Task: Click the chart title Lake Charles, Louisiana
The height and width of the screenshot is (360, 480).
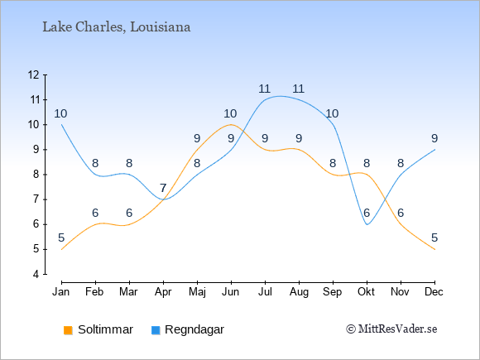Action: coord(117,27)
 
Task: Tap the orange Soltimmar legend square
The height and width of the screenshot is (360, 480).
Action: coord(68,330)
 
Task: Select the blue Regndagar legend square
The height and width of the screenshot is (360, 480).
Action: coord(156,330)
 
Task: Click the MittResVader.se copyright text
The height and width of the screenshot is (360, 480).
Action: coord(391,329)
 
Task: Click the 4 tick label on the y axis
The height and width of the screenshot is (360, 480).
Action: coord(36,274)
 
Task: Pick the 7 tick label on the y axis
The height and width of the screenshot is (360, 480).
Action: coord(36,199)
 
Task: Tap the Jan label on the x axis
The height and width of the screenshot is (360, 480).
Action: coord(61,292)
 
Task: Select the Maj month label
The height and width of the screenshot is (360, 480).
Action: coord(197,292)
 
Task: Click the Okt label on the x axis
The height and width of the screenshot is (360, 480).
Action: coord(366,292)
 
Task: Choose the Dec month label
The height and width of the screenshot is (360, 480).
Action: coord(434,292)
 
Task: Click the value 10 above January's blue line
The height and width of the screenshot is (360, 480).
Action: coord(60,114)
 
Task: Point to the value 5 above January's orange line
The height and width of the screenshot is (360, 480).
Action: coord(61,238)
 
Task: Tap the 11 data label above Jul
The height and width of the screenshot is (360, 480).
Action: coord(264,89)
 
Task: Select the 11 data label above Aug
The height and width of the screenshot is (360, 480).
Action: coord(298,89)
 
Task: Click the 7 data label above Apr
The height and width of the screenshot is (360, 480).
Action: coord(163,188)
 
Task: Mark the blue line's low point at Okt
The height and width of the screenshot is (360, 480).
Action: coord(367,224)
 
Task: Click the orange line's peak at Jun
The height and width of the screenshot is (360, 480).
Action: coord(231,125)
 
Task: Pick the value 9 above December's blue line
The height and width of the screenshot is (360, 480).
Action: coord(434,139)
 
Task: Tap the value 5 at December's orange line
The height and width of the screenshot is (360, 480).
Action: coord(434,238)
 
